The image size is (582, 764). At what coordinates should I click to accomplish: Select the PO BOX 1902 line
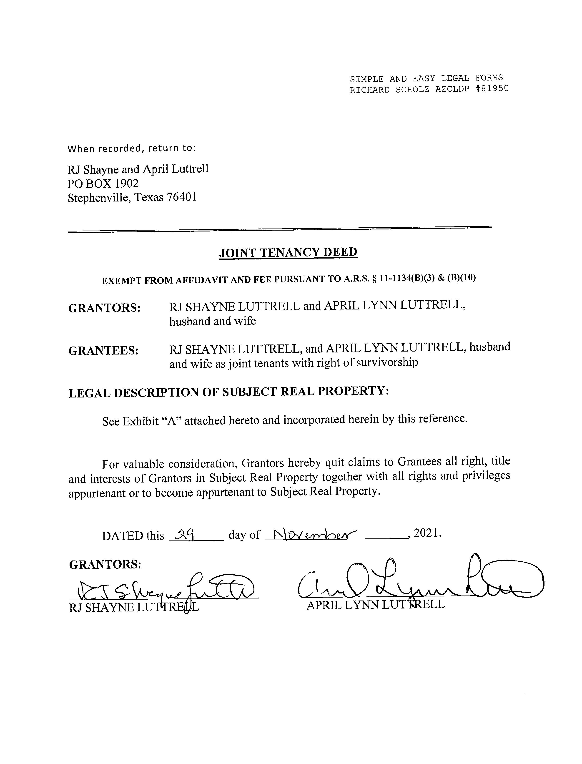tap(103, 183)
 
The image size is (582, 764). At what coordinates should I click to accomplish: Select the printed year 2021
tap(427, 533)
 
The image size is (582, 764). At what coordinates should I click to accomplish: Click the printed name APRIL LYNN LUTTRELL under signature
tap(375, 605)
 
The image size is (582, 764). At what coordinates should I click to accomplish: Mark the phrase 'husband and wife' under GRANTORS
tap(212, 321)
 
